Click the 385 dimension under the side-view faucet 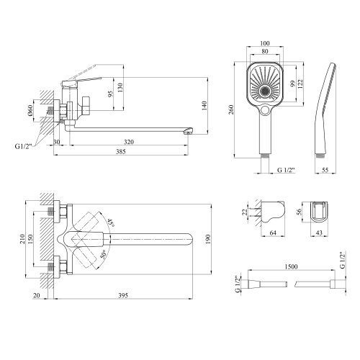[126, 153]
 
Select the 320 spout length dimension [127, 142]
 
